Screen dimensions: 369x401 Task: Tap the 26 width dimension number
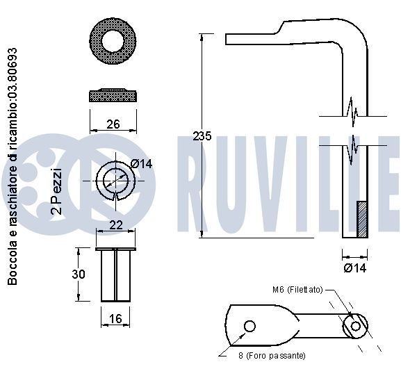113,124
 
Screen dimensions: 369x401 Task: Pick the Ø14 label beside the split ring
141,164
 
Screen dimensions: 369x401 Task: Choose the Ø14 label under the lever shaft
354,268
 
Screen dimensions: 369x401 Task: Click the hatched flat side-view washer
113,94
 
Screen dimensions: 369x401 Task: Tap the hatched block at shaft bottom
361,219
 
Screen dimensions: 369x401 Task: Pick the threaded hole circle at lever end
356,325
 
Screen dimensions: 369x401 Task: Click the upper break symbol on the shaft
354,110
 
